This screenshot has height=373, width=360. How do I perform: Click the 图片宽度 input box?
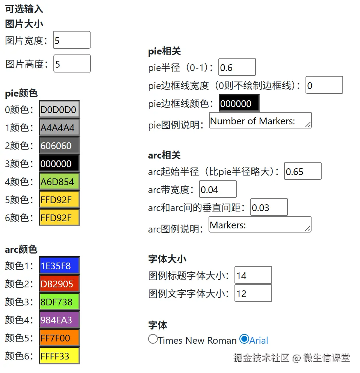coord(72,40)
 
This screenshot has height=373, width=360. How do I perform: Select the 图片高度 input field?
coord(72,64)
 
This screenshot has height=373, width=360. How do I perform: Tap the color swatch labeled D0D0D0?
coord(59,110)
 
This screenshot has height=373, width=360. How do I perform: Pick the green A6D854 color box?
coord(59,182)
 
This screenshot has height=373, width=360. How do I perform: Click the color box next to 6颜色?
coord(59,217)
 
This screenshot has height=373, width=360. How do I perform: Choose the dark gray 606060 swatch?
coord(59,146)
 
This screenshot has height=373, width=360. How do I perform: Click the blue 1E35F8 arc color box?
coord(59,266)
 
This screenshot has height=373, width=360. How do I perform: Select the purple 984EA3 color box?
coord(59,320)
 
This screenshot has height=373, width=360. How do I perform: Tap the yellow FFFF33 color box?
coord(59,356)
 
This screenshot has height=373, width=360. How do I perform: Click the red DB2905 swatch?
coord(59,284)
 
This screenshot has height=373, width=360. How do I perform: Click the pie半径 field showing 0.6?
coord(237,67)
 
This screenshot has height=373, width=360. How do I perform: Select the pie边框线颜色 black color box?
coord(239,103)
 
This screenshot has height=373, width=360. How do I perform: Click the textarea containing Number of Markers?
coord(260,121)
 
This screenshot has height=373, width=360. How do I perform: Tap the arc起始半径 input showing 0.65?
coord(303,171)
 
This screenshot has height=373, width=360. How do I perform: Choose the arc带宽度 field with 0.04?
coord(218,189)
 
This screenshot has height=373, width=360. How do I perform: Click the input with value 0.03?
coord(269,207)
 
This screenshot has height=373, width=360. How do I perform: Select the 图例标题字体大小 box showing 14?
coord(253,275)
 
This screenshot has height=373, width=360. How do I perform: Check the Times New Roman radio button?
coord(153,339)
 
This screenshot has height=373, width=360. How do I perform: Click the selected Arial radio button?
coord(244,339)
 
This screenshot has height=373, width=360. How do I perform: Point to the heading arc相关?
coord(164,155)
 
